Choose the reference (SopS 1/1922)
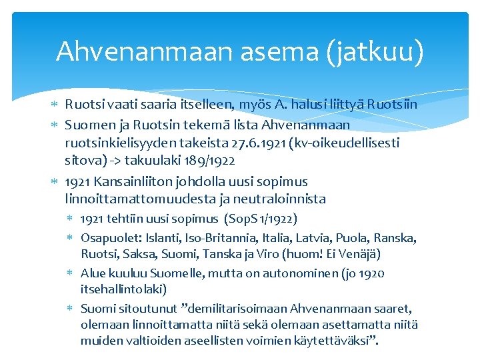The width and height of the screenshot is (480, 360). coord(261,219)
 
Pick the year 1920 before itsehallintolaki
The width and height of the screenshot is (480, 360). coord(371,273)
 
